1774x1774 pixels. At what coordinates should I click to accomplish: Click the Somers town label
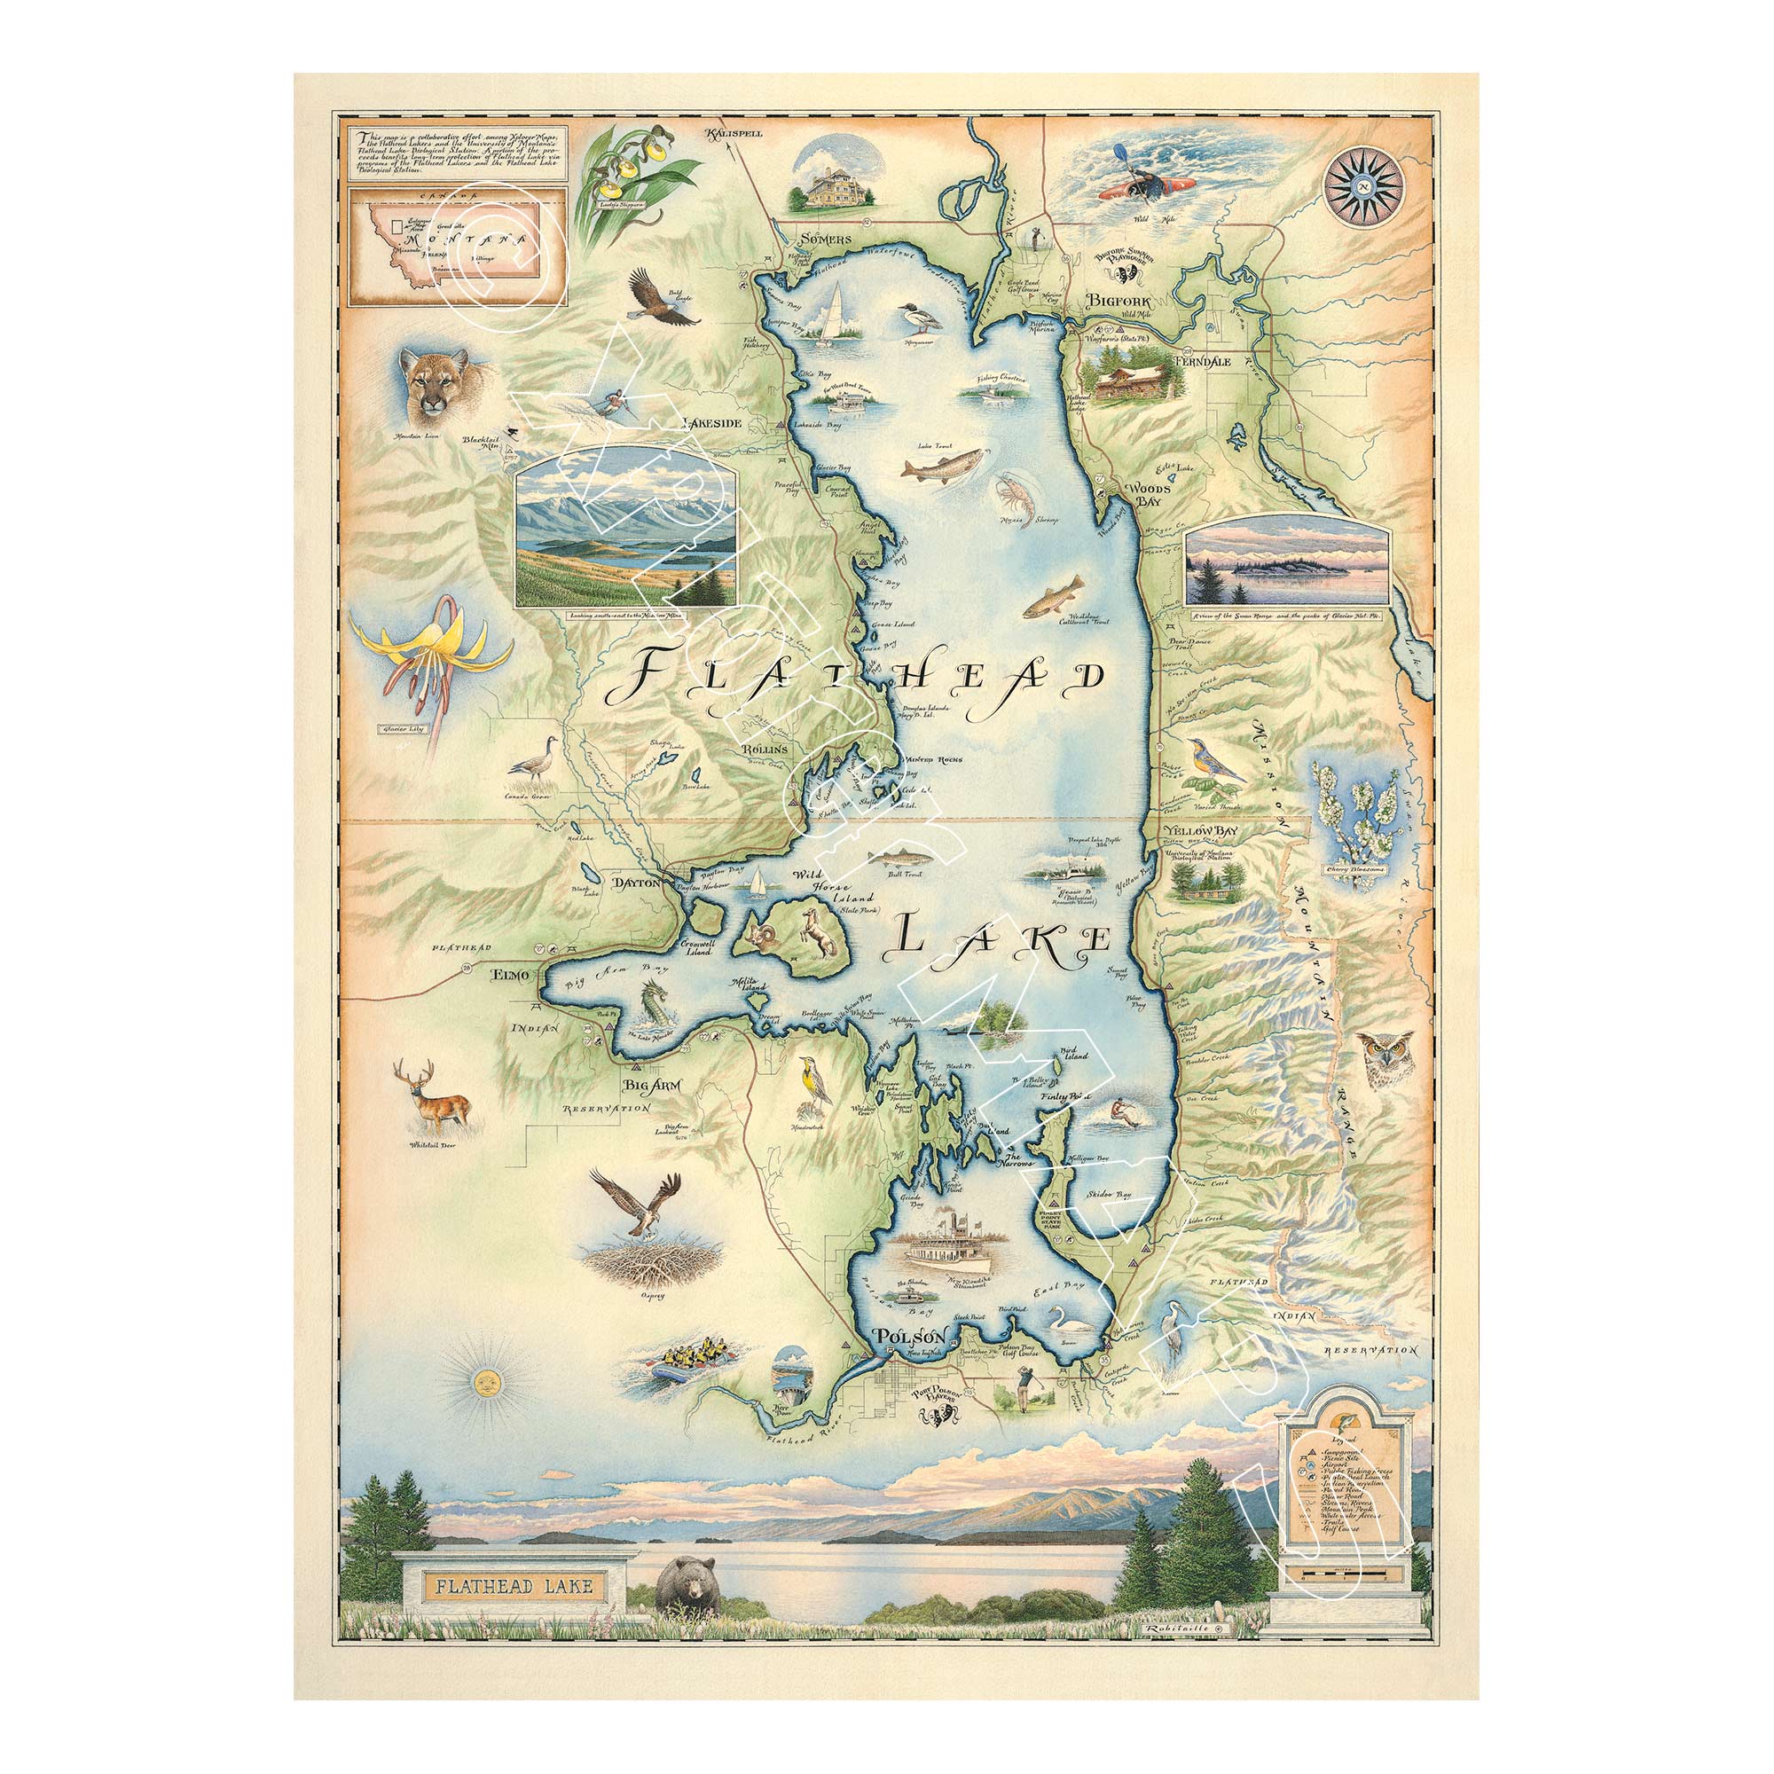(x=819, y=239)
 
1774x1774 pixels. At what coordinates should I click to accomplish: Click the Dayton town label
(x=637, y=882)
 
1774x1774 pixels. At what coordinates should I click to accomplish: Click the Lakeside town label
(x=726, y=424)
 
